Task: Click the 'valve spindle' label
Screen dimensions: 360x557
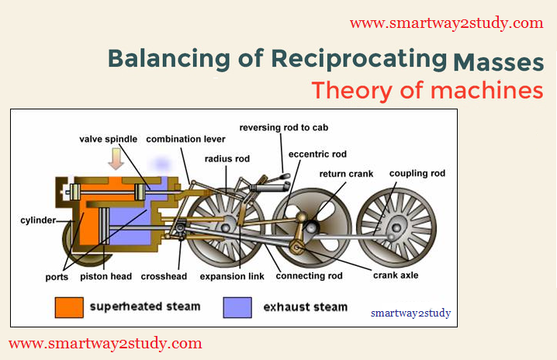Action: click(x=108, y=139)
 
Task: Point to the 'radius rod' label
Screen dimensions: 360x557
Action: click(x=226, y=158)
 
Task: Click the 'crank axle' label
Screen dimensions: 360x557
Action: click(x=397, y=275)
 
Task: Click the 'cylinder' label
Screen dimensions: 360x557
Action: click(x=38, y=220)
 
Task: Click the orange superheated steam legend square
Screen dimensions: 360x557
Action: click(x=68, y=306)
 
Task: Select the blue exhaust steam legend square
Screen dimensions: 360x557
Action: click(x=236, y=306)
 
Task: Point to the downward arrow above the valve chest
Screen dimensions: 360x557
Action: click(x=116, y=159)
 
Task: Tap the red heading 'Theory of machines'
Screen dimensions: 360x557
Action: click(x=427, y=90)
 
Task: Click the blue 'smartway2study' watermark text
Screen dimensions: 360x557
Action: click(x=410, y=313)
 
